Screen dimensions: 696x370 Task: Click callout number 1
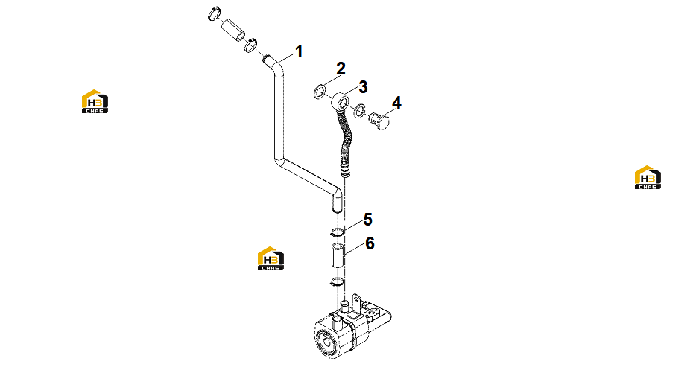click(299, 51)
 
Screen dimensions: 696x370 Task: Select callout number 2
click(341, 68)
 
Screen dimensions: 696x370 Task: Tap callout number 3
click(363, 87)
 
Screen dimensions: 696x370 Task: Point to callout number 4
click(396, 103)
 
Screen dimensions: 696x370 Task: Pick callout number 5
click(367, 219)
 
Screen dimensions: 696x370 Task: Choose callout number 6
click(370, 243)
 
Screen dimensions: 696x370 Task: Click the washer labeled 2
click(319, 92)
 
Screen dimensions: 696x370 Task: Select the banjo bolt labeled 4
click(379, 121)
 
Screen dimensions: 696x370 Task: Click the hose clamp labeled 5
click(337, 231)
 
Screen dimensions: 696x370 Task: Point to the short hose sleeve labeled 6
click(337, 255)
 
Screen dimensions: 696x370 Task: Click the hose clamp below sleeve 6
click(337, 281)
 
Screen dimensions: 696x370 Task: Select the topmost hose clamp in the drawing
click(215, 13)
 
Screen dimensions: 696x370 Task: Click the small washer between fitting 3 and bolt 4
click(359, 110)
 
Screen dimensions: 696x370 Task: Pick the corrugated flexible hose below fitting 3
click(345, 141)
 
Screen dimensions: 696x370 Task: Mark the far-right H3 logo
click(648, 177)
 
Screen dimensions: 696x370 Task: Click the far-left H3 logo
click(95, 101)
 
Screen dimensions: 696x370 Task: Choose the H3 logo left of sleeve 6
click(271, 258)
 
